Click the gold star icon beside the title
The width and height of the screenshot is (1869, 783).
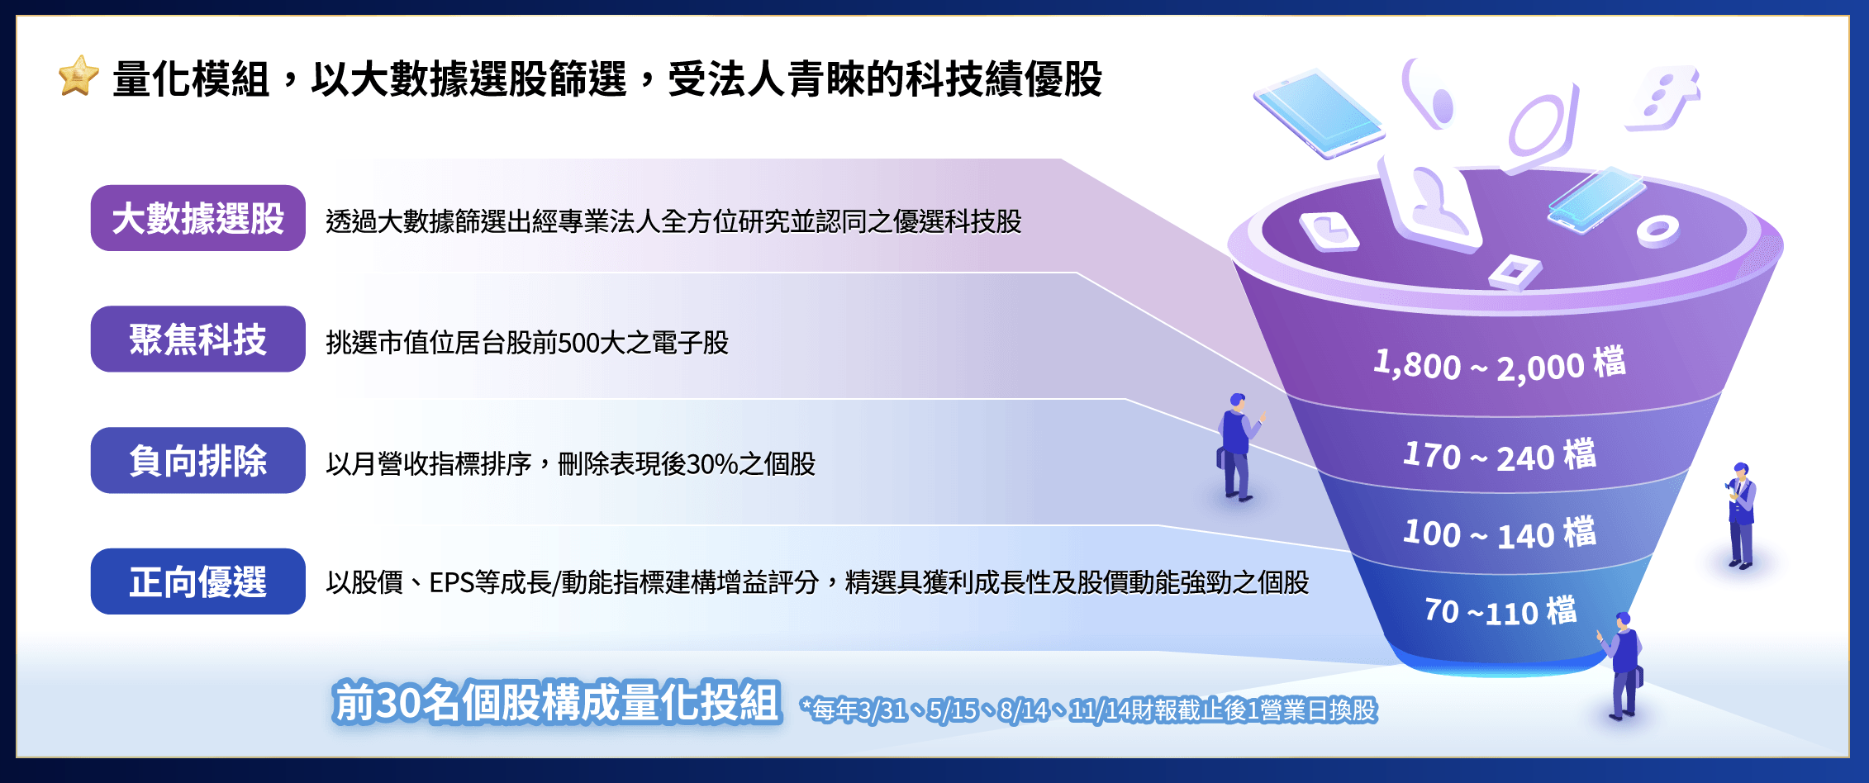point(78,77)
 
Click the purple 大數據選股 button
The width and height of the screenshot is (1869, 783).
point(198,218)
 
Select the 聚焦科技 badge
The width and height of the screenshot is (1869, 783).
point(198,339)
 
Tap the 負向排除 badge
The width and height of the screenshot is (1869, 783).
point(198,461)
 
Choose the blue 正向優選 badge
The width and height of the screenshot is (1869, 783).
point(198,581)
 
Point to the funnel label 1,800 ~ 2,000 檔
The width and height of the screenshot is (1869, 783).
point(1500,364)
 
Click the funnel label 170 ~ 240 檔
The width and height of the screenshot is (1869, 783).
point(1500,455)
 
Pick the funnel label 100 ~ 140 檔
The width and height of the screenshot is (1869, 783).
point(1500,533)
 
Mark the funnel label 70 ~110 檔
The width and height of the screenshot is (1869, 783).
point(1500,611)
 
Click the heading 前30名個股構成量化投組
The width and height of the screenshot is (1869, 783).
point(557,703)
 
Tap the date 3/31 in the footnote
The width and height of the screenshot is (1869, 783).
point(882,710)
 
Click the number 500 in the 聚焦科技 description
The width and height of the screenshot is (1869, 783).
point(578,343)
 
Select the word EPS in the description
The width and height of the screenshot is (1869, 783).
point(451,583)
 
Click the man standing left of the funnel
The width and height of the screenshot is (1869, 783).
point(1238,447)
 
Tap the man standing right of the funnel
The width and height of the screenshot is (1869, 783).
point(1741,515)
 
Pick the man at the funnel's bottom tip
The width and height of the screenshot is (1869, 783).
point(1622,666)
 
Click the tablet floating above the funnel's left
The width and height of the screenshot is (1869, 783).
point(1317,113)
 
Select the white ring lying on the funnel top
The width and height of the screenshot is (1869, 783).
point(1657,230)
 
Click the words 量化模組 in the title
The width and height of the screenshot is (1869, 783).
point(191,79)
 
